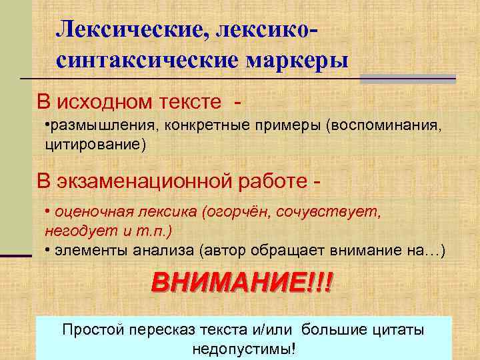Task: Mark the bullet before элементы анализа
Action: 48,250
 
